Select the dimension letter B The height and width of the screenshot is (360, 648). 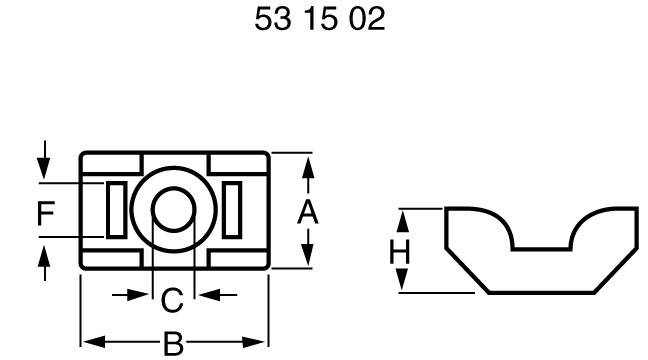pyautogui.click(x=174, y=343)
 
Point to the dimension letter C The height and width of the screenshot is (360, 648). pyautogui.click(x=173, y=298)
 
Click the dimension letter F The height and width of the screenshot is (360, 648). pyautogui.click(x=44, y=212)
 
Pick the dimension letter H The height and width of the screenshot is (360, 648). pyautogui.click(x=400, y=253)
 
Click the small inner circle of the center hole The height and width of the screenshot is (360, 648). pyautogui.click(x=173, y=206)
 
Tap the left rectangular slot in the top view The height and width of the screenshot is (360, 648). pyautogui.click(x=116, y=208)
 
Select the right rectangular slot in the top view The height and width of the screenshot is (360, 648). pyautogui.click(x=232, y=208)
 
